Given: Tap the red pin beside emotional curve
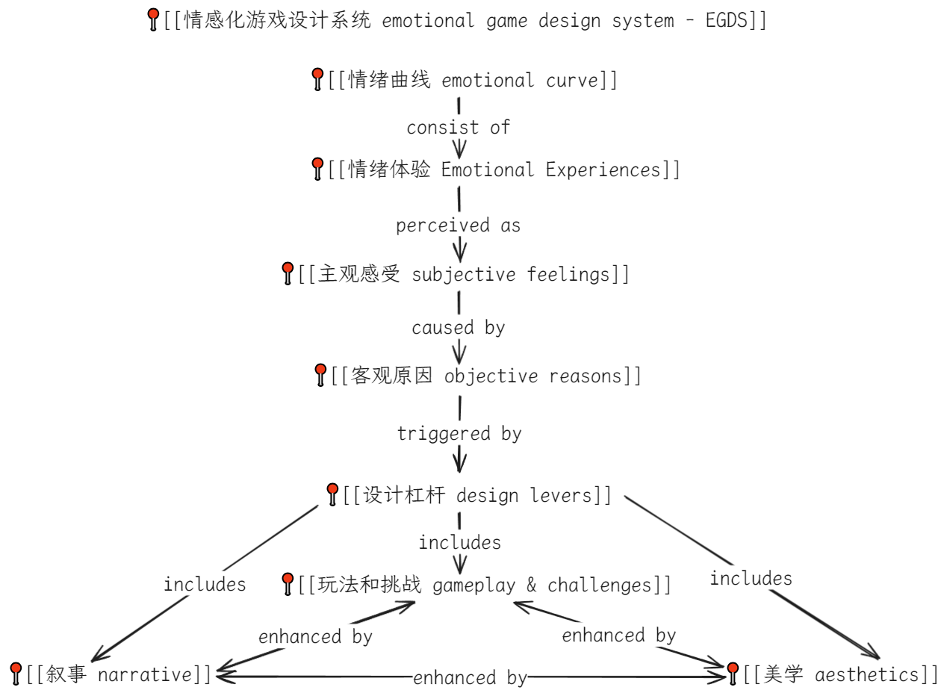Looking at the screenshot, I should (317, 78).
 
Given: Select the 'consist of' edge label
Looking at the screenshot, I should (458, 128).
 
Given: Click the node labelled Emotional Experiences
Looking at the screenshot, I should (504, 170).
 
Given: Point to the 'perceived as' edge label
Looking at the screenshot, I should (458, 225).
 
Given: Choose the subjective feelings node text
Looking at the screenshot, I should (463, 275).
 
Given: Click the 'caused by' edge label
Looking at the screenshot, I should (458, 327).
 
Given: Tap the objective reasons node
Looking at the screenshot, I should (485, 376).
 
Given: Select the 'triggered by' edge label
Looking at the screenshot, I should (459, 433).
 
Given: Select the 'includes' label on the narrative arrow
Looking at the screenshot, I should (205, 584).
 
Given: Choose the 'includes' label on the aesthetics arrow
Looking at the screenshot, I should (751, 578).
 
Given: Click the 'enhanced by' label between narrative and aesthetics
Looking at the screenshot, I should (470, 677).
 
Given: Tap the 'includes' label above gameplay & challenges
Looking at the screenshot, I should (459, 542).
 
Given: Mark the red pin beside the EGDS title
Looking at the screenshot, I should (154, 18).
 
